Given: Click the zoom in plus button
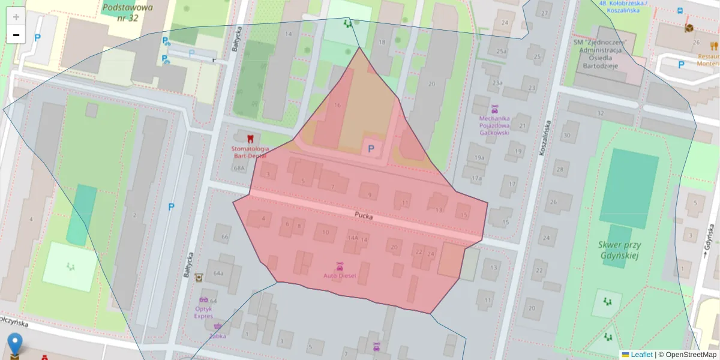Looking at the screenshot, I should [16, 17].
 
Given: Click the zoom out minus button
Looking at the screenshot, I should [16, 35].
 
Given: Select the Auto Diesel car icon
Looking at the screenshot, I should [340, 266].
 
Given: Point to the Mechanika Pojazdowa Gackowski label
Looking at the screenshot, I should [494, 125].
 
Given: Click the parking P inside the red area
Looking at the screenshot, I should [370, 148].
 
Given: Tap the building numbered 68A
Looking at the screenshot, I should [240, 169].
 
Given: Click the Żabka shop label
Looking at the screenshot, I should [218, 336].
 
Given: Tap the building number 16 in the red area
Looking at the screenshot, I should [337, 106].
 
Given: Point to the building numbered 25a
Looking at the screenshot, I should [502, 52].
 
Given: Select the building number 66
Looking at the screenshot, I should [224, 237].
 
